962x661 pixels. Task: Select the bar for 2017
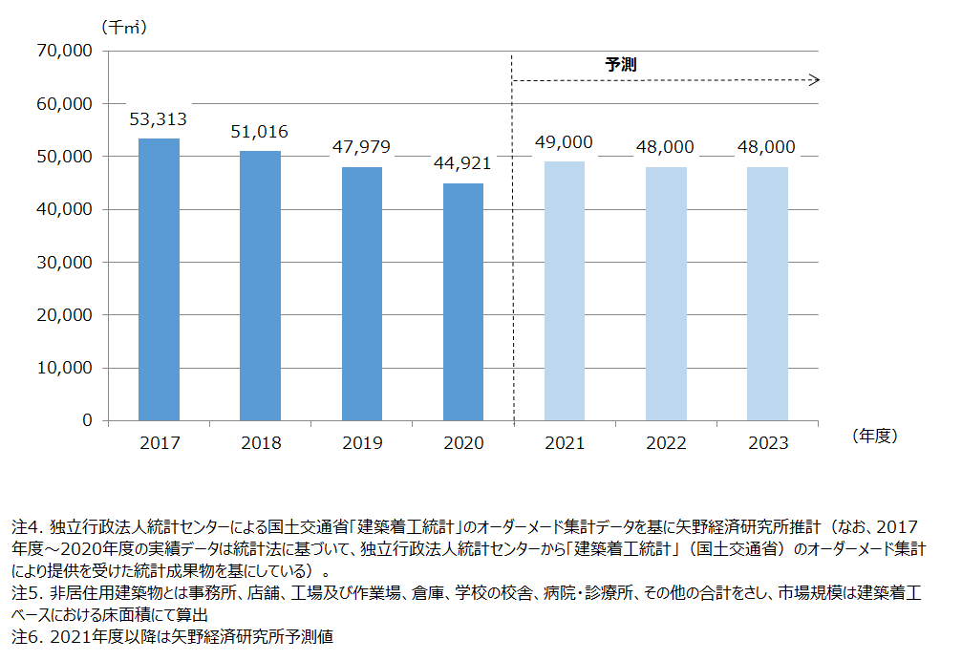pyautogui.click(x=159, y=279)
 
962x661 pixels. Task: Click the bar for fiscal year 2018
pyautogui.click(x=260, y=285)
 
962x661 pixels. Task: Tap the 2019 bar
pyautogui.click(x=362, y=293)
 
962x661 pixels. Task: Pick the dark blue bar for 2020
pyautogui.click(x=463, y=301)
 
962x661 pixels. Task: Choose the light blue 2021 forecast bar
pyautogui.click(x=565, y=290)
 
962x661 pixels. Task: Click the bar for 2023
pyautogui.click(x=767, y=293)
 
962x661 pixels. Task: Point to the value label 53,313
pyautogui.click(x=159, y=119)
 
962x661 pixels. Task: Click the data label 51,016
pyautogui.click(x=260, y=132)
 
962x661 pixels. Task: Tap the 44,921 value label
pyautogui.click(x=463, y=163)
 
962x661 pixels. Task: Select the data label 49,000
pyautogui.click(x=565, y=142)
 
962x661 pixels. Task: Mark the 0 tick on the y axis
pyautogui.click(x=87, y=420)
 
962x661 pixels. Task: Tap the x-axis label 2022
pyautogui.click(x=666, y=443)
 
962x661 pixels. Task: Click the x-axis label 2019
pyautogui.click(x=362, y=443)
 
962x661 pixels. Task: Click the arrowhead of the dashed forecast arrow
pyautogui.click(x=815, y=80)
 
